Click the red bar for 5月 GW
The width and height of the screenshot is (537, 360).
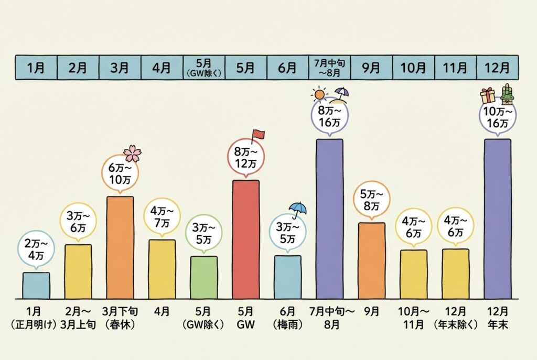[x=245, y=239]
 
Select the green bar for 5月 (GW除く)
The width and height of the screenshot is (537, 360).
[x=203, y=277]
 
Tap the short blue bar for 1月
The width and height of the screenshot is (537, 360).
[x=36, y=285]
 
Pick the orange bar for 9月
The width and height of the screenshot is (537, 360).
[x=371, y=260]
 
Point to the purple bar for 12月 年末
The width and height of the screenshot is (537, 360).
[x=497, y=219]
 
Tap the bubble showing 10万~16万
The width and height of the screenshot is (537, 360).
[x=497, y=118]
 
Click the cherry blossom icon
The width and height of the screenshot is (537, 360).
[x=133, y=154]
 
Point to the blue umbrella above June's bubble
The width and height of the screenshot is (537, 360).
[x=298, y=210]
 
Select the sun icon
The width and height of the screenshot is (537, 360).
[x=318, y=95]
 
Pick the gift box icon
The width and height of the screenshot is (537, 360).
[x=488, y=95]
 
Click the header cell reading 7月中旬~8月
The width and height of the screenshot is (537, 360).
[x=329, y=68]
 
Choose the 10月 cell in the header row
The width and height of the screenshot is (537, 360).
[x=413, y=68]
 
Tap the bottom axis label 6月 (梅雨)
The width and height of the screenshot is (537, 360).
[x=287, y=318]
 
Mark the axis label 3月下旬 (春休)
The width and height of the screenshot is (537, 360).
[x=120, y=318]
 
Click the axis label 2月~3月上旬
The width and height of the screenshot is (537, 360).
[x=78, y=318]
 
